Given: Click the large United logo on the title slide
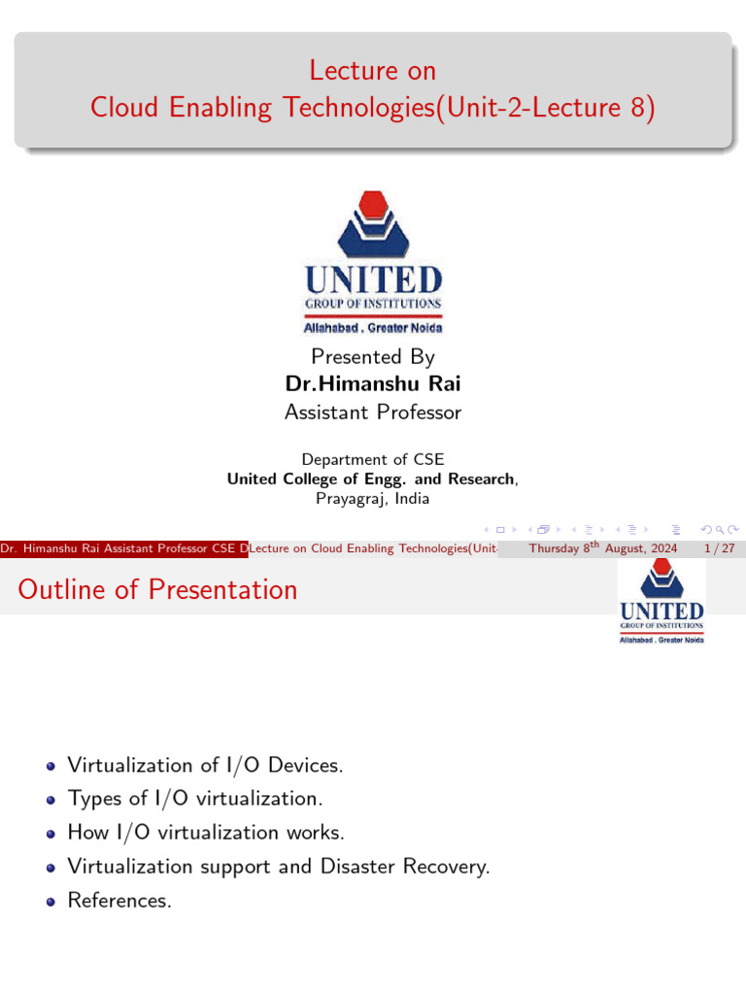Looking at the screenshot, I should (x=373, y=262).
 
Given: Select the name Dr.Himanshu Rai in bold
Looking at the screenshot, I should (x=373, y=383).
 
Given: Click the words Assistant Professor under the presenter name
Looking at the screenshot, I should (x=373, y=413).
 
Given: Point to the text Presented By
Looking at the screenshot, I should (x=373, y=356).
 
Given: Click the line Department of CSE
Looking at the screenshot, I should (x=373, y=460).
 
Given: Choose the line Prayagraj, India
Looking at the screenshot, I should (x=373, y=499).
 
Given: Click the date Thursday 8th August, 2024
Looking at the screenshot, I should (x=602, y=549).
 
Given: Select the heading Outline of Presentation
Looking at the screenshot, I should (x=157, y=590).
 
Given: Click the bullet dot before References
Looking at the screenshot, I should (x=51, y=902).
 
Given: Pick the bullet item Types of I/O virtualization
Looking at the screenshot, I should (x=195, y=799).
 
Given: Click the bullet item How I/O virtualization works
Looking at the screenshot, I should (x=206, y=833).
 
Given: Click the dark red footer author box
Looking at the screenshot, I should (x=124, y=549).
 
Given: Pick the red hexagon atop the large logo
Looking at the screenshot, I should (x=373, y=207).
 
